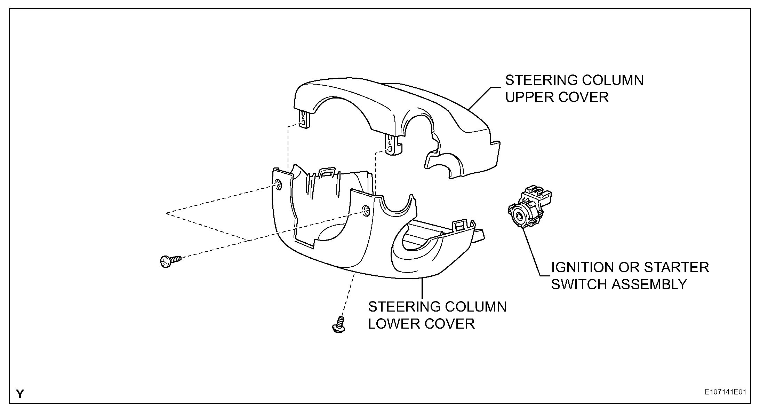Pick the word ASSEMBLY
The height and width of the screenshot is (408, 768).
click(x=649, y=284)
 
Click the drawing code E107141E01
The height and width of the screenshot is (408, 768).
click(x=725, y=392)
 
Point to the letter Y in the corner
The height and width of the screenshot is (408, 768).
click(x=21, y=394)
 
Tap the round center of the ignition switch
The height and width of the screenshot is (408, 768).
click(x=519, y=217)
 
